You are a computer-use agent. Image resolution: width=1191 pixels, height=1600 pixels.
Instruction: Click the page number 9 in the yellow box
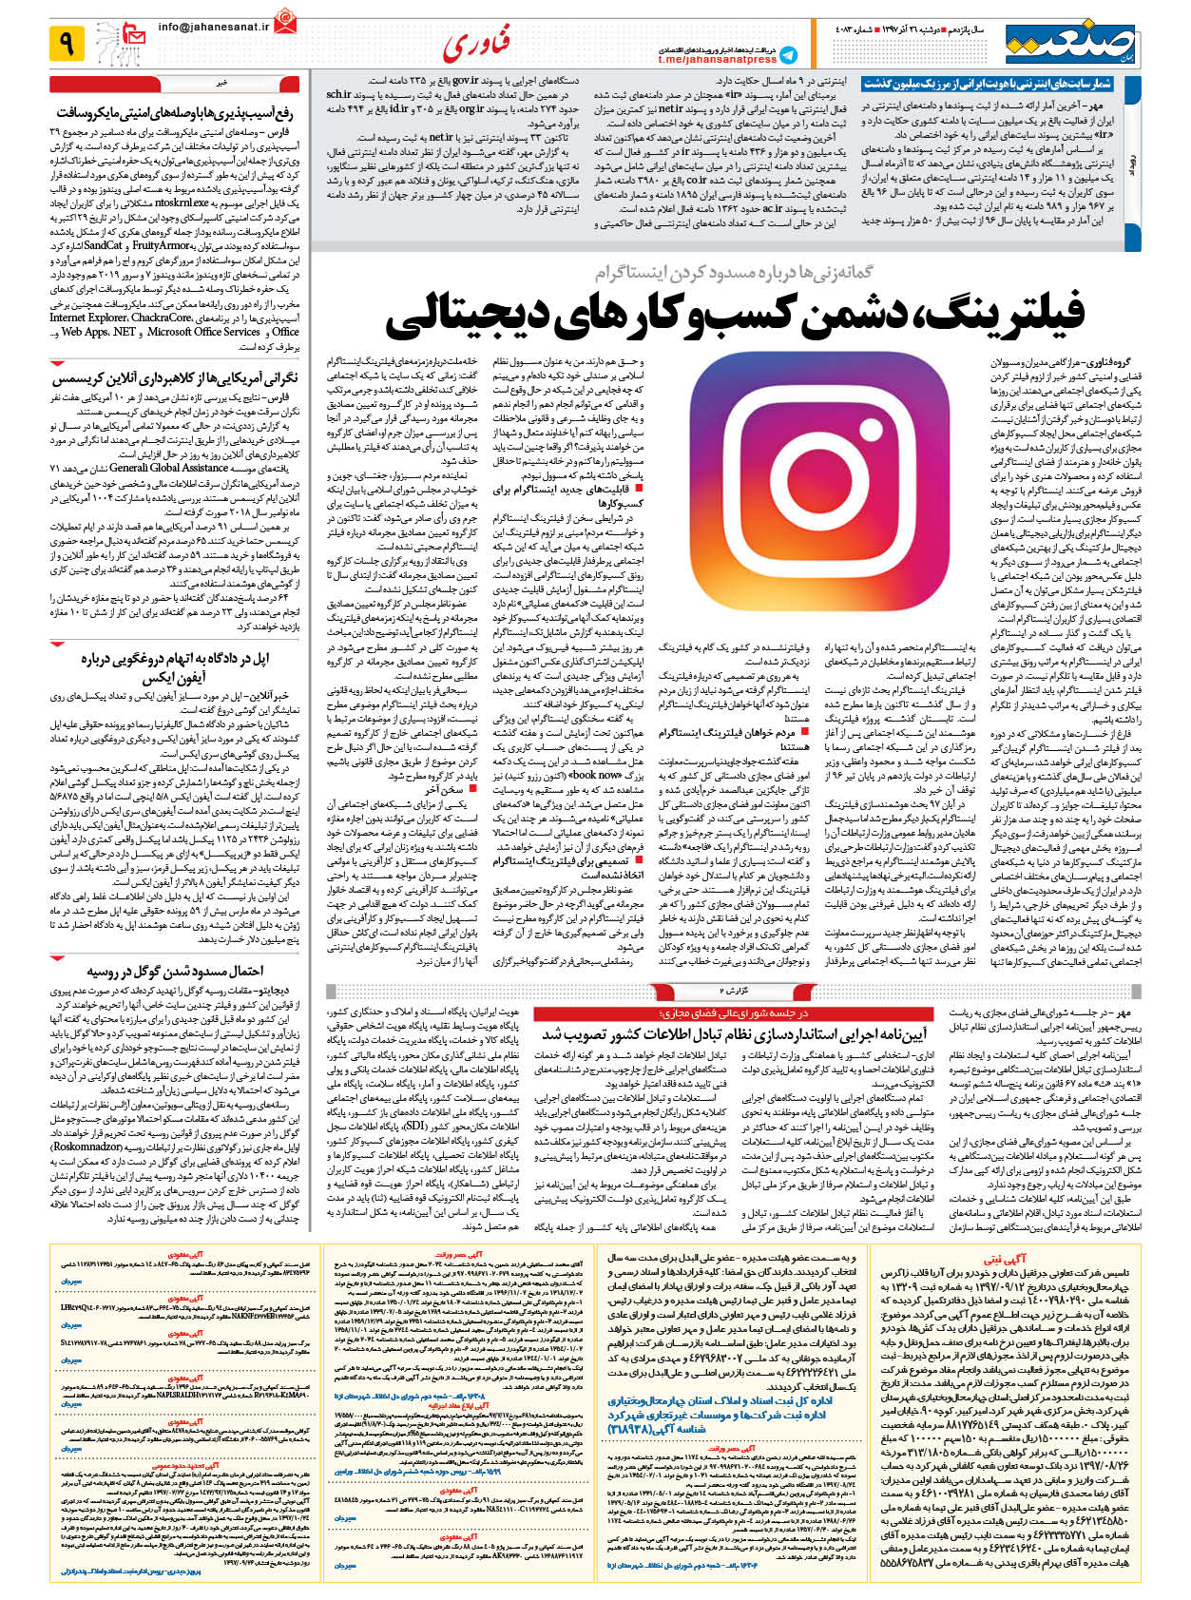click(67, 43)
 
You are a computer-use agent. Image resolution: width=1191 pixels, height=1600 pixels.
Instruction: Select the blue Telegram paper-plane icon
click(788, 54)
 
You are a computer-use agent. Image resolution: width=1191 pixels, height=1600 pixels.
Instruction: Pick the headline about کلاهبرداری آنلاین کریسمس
click(175, 376)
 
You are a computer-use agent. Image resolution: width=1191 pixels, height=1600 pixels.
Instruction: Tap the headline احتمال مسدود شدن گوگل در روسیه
click(175, 971)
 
